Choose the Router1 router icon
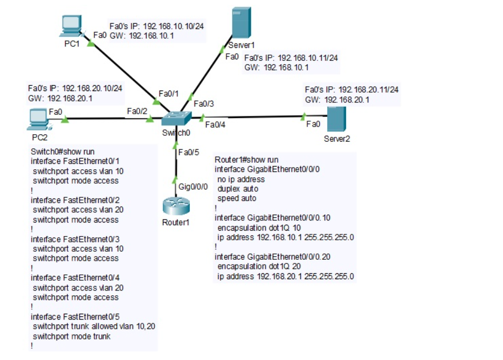pos(175,207)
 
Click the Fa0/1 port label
pos(169,93)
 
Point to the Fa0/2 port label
pos(137,111)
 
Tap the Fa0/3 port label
pos(204,103)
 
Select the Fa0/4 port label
pos(216,125)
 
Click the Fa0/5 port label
pos(189,152)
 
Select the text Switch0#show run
pos(63,152)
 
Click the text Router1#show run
pos(246,160)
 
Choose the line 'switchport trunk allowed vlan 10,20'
pos(94,327)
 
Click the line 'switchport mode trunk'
pos(67,336)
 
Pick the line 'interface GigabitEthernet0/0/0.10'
pos(270,218)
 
